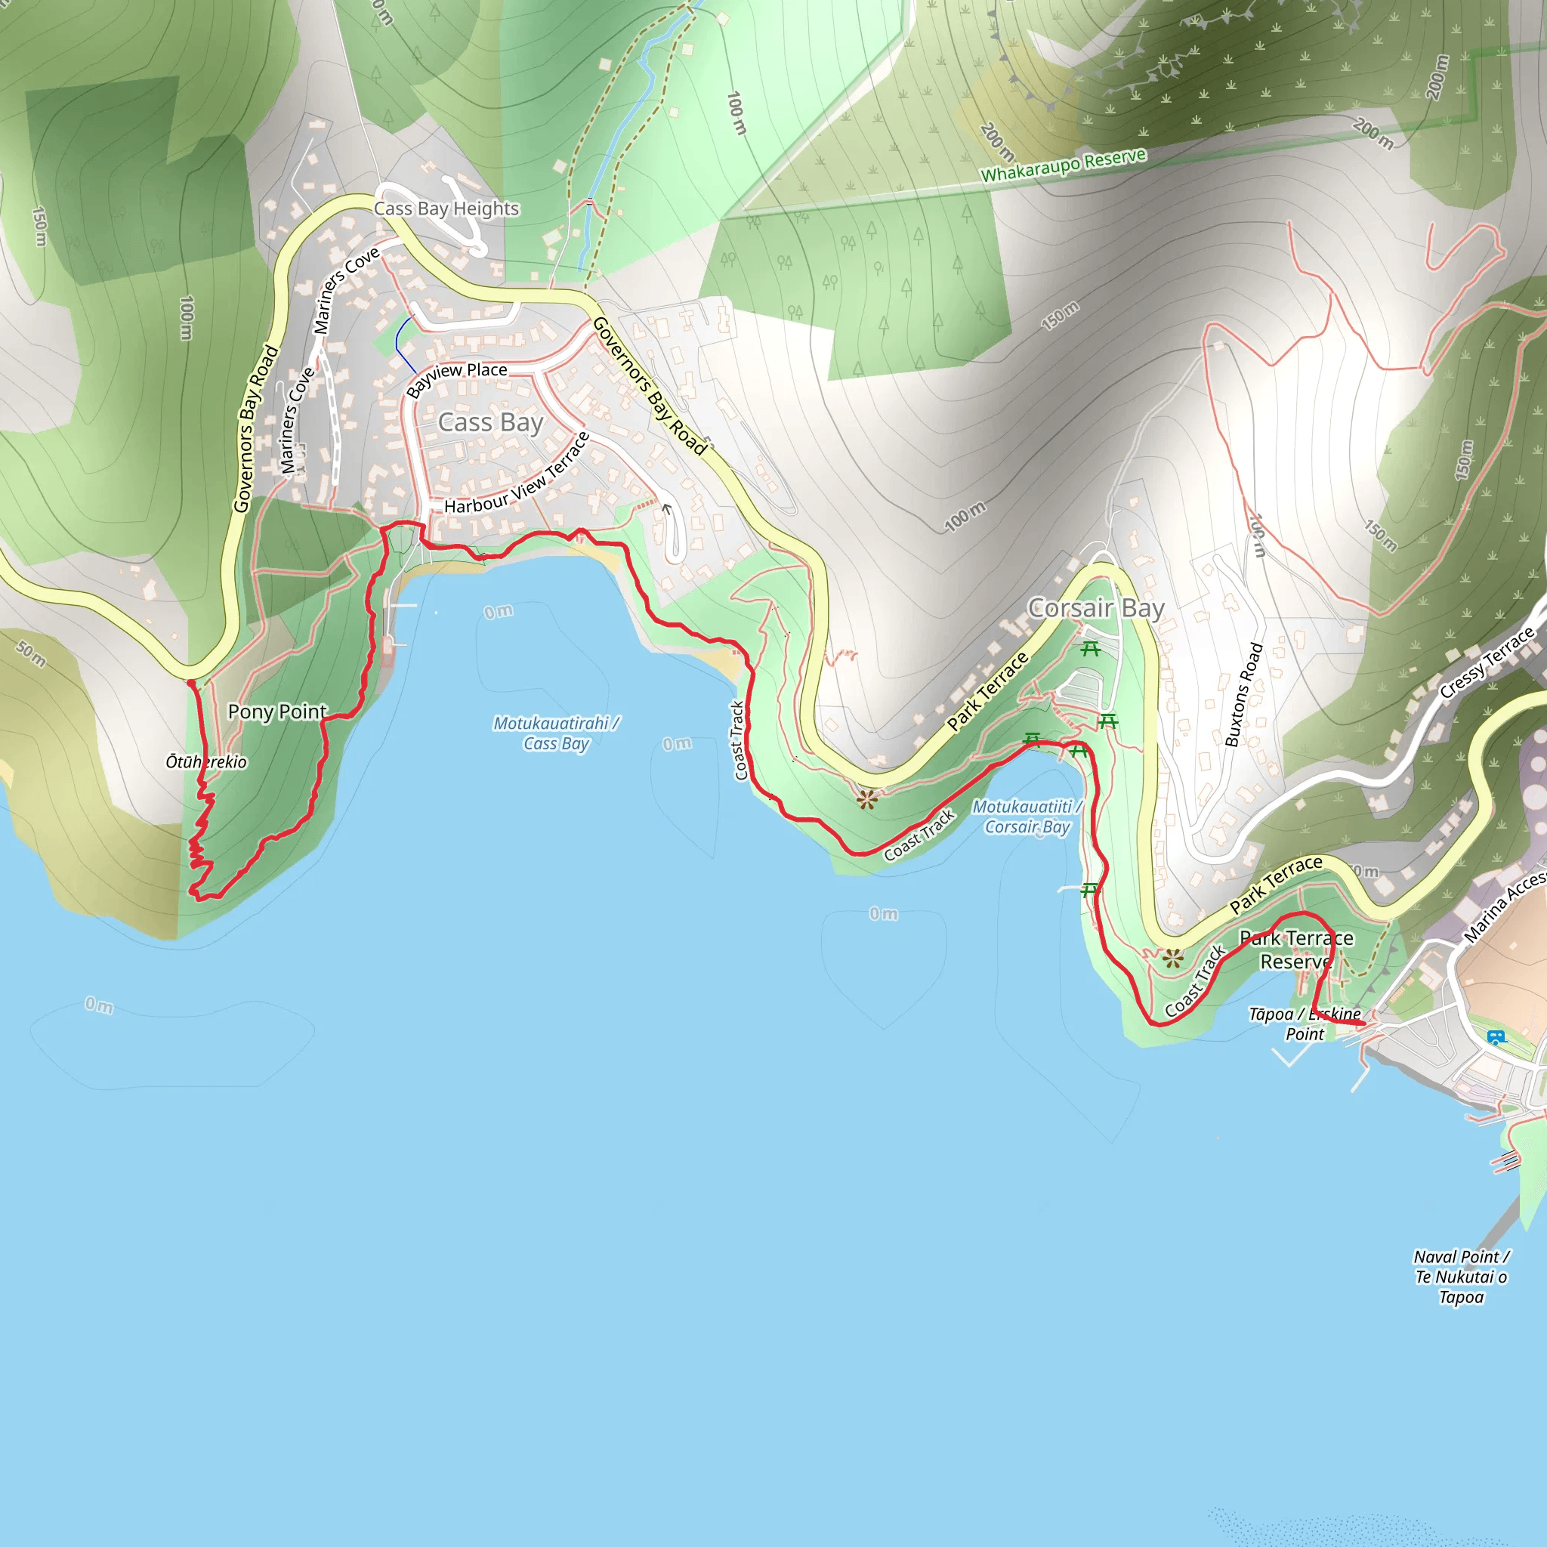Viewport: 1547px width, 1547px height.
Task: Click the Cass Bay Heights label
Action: (446, 209)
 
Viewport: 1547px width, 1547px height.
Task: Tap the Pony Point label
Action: (277, 712)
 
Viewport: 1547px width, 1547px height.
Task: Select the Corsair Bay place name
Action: (1095, 609)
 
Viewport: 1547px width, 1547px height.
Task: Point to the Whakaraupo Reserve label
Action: (1064, 165)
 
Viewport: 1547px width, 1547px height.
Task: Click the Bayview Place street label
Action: (456, 377)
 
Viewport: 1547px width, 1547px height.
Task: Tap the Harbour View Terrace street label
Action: (517, 476)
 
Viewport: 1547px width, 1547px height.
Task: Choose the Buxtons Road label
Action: (1243, 695)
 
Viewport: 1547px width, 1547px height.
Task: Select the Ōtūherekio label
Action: (205, 762)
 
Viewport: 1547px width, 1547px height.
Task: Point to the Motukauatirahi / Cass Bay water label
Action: (556, 733)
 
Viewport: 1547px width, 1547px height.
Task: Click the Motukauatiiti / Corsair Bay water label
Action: (1027, 817)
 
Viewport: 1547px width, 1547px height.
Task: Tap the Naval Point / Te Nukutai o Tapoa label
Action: (1462, 1277)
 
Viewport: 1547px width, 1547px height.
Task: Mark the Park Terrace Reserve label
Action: (1296, 950)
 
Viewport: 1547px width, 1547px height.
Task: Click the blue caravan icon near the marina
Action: (1495, 1038)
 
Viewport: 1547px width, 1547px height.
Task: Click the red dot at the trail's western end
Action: (190, 683)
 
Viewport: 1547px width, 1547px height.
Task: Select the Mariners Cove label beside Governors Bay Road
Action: (296, 421)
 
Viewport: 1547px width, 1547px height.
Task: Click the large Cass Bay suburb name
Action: (490, 423)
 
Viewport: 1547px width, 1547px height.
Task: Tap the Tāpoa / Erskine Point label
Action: (1305, 1024)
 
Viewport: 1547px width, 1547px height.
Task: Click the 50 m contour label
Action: (31, 653)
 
